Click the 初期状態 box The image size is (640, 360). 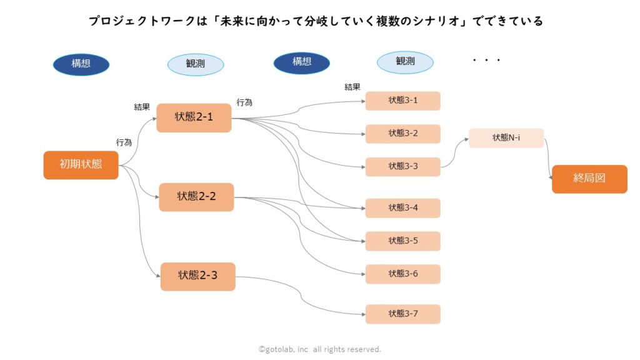coord(81,165)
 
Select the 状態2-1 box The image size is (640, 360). coord(194,117)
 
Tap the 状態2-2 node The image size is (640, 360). coord(196,197)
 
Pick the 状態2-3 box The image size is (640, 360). coord(197,276)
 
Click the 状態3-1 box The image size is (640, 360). coord(403,101)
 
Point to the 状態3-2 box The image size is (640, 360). coord(403,134)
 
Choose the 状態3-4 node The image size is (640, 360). coord(403,208)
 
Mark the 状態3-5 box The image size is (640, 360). coord(403,241)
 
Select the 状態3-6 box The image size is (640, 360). coord(403,274)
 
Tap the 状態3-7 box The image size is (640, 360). coord(403,314)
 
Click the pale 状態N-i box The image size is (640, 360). coord(506,138)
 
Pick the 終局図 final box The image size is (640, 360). coord(589,179)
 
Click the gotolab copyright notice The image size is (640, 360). coord(319,349)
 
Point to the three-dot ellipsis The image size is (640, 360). coord(486,61)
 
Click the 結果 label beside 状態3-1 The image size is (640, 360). coord(352,87)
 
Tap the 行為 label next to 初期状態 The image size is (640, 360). coord(124,142)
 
